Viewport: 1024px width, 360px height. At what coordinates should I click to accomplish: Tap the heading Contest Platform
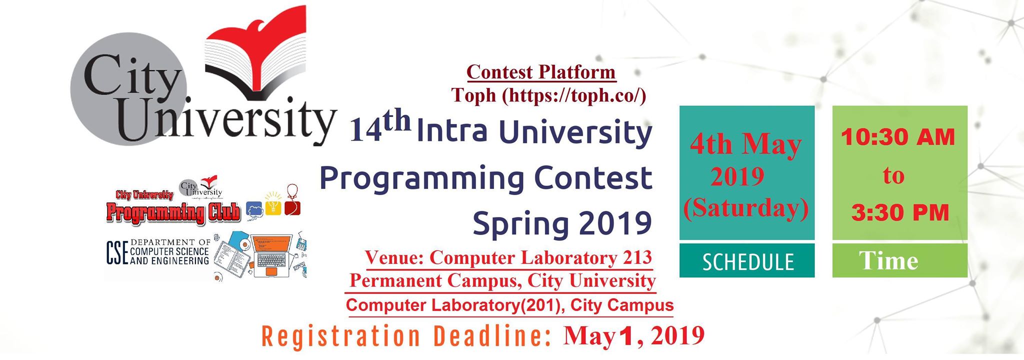click(541, 72)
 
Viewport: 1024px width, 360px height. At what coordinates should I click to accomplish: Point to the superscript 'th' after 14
click(397, 122)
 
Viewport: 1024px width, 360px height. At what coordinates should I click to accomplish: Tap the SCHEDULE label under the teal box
click(748, 262)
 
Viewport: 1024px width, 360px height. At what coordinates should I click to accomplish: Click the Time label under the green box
click(888, 260)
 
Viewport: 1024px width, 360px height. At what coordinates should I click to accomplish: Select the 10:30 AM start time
click(898, 137)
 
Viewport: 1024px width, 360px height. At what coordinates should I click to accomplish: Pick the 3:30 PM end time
click(900, 213)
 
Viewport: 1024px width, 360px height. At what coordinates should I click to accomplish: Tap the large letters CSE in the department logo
click(117, 252)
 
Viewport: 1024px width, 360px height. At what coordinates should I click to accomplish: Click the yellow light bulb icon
click(273, 203)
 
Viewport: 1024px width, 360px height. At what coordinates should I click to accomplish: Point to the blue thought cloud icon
click(255, 210)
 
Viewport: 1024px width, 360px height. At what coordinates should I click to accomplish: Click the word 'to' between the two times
click(893, 175)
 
